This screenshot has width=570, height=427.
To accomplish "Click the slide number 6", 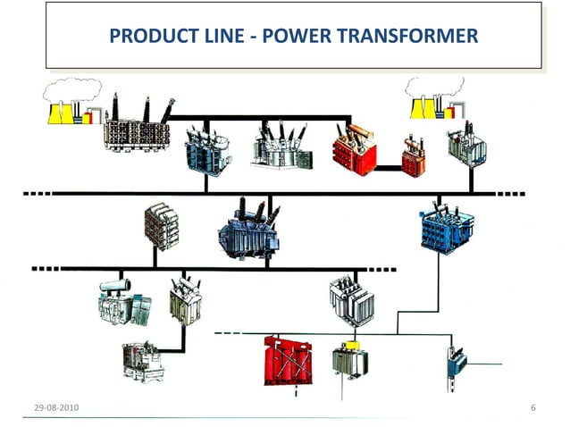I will tap(532, 407).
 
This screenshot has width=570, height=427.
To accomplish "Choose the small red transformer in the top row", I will tap(413, 155).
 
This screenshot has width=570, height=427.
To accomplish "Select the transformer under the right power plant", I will tap(467, 146).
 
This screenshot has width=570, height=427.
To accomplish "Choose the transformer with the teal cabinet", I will tap(124, 304).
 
